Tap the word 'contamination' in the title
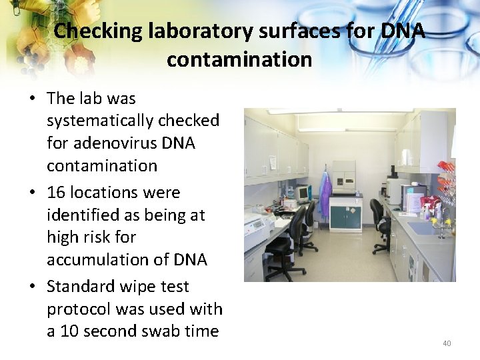point(239,59)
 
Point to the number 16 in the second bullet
point(56,193)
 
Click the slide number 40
point(447,343)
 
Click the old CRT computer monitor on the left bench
point(302,193)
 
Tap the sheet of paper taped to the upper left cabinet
point(272,161)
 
